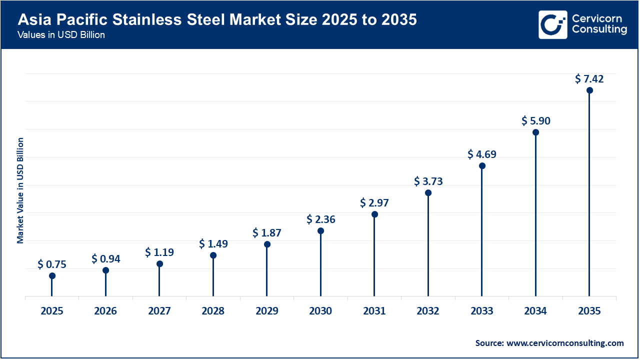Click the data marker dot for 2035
[589, 90]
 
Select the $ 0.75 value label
[51, 264]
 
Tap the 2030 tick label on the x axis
[320, 311]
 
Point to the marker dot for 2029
[267, 244]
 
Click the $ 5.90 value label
[536, 121]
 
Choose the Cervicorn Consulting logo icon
[552, 24]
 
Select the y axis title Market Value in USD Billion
[20, 190]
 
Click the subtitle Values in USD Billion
[61, 35]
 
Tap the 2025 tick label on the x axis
[52, 311]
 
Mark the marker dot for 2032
[428, 192]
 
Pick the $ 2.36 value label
[321, 219]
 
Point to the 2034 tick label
[535, 311]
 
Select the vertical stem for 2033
[482, 235]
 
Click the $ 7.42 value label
[589, 79]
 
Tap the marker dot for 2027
[159, 264]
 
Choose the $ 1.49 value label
[213, 243]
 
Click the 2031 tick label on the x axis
[374, 311]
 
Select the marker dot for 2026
[105, 270]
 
